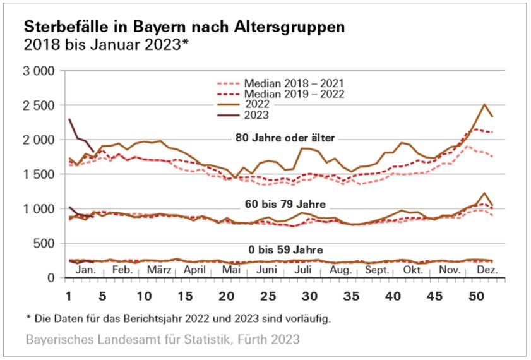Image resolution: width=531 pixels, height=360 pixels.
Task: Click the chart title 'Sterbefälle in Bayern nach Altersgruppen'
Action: (184, 28)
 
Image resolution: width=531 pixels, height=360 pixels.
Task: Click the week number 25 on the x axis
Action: (269, 296)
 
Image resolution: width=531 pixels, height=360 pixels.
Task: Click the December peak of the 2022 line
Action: (484, 105)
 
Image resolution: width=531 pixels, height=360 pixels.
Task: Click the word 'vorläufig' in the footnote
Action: (306, 318)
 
